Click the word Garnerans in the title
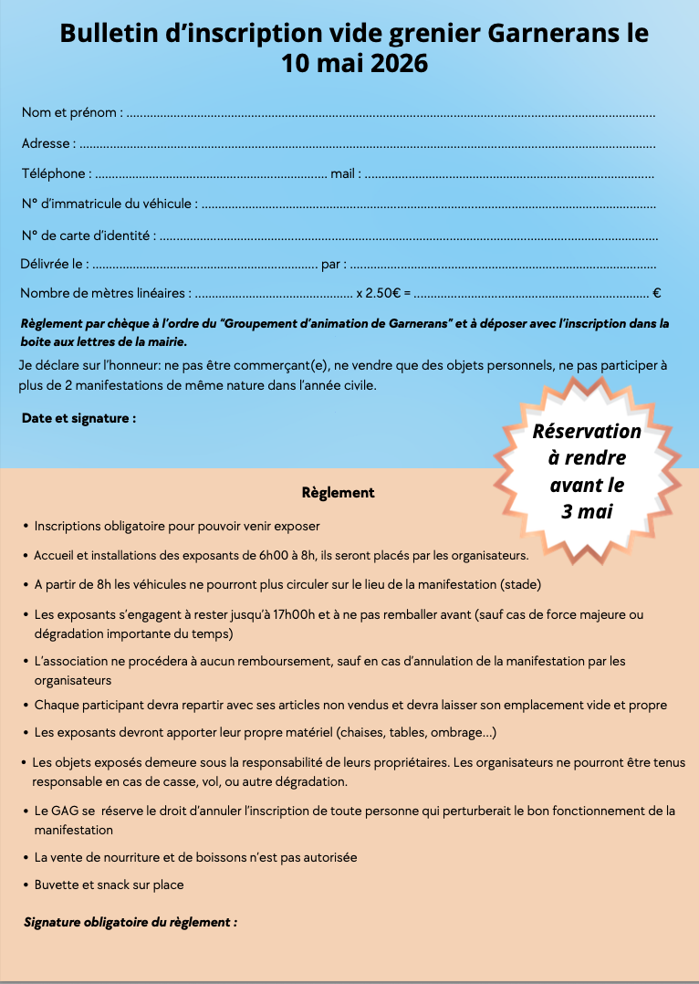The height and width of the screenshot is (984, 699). (x=546, y=34)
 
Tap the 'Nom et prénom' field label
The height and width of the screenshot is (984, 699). (x=70, y=112)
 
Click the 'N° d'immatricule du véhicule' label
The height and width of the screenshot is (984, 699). (x=107, y=204)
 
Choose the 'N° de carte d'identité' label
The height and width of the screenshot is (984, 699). (x=86, y=235)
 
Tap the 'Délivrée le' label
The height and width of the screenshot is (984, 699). (x=54, y=265)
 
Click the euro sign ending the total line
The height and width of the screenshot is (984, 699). (x=657, y=294)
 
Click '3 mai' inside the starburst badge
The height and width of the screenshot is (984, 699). (x=587, y=511)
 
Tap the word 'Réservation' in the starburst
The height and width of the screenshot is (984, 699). (x=587, y=431)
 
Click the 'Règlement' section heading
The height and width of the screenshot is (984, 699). (x=338, y=492)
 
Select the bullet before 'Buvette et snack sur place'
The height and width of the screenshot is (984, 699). (x=25, y=885)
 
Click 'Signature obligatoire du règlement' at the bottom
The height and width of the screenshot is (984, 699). (x=130, y=922)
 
